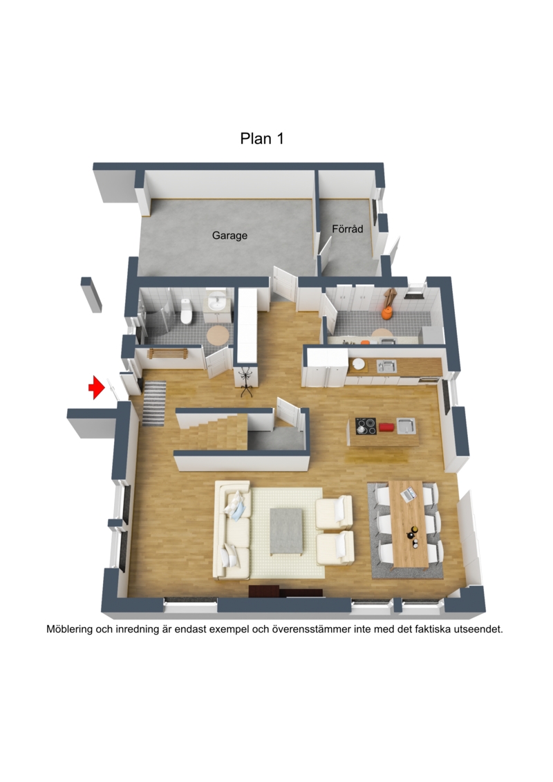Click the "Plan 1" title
[x=262, y=138]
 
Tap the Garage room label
[x=229, y=235]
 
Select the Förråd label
[x=348, y=229]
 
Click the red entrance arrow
[x=97, y=387]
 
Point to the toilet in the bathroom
[x=186, y=311]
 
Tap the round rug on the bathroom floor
[x=218, y=334]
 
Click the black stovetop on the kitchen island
[x=366, y=426]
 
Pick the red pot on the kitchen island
[x=386, y=427]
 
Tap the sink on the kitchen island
[x=406, y=426]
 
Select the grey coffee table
[x=287, y=530]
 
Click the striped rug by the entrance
[x=154, y=404]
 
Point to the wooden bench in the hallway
[x=167, y=353]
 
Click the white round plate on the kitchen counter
[x=358, y=364]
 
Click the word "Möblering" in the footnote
[x=69, y=629]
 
